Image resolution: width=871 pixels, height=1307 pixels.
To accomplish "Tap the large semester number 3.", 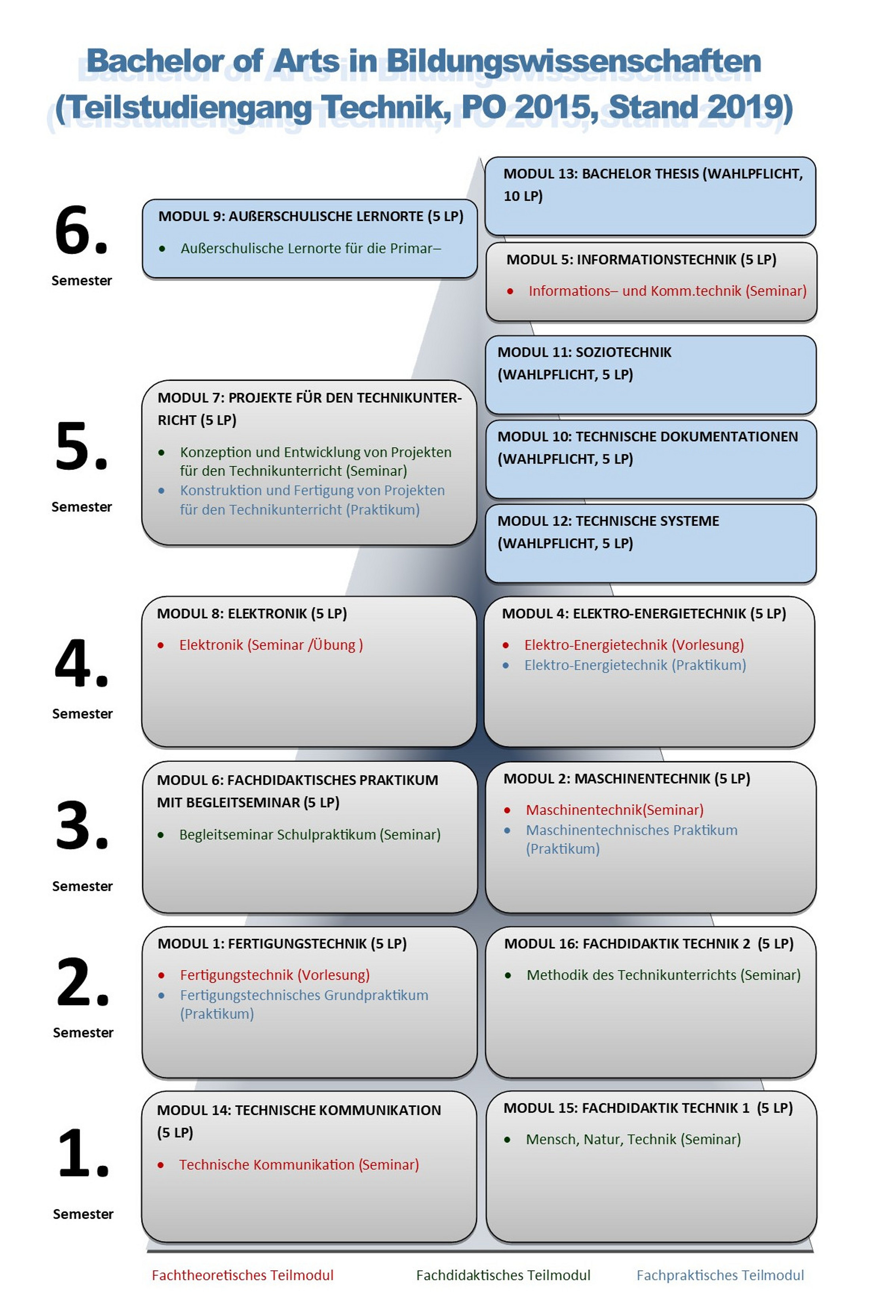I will pos(82,826).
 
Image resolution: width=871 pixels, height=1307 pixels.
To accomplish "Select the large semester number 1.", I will pos(83,1153).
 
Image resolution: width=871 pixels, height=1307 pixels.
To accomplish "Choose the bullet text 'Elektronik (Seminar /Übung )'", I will pos(270,645).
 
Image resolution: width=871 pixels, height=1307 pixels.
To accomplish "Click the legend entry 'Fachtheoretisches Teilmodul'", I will pos(242,1275).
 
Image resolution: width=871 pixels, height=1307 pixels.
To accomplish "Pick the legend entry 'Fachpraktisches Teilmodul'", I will pos(719,1275).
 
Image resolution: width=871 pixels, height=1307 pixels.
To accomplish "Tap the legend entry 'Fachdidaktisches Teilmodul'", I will pos(503,1275).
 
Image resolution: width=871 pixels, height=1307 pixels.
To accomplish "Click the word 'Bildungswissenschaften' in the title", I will pos(573,61).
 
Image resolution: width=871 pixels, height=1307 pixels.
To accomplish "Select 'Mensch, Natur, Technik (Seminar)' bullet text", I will pos(633,1139).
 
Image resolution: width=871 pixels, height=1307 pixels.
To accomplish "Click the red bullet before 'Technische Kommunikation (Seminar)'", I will pos(160,1165).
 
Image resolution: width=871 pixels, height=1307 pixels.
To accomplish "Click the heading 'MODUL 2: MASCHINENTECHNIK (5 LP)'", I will pos(627,779).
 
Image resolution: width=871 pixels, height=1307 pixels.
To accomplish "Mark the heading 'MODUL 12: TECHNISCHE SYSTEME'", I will pos(608,521).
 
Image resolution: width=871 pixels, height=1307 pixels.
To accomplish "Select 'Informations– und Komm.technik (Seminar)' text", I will pos(667,291).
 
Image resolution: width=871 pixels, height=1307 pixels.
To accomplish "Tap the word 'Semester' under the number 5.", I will pos(82,507).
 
